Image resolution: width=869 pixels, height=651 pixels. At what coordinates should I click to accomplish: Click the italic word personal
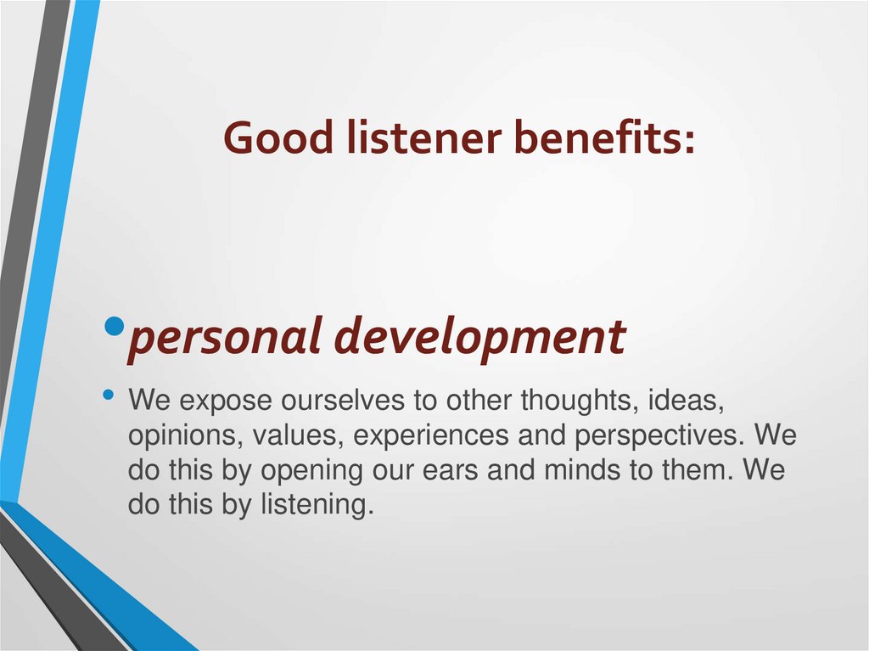tap(226, 337)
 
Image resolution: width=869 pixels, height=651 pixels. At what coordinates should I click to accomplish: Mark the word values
tap(289, 435)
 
